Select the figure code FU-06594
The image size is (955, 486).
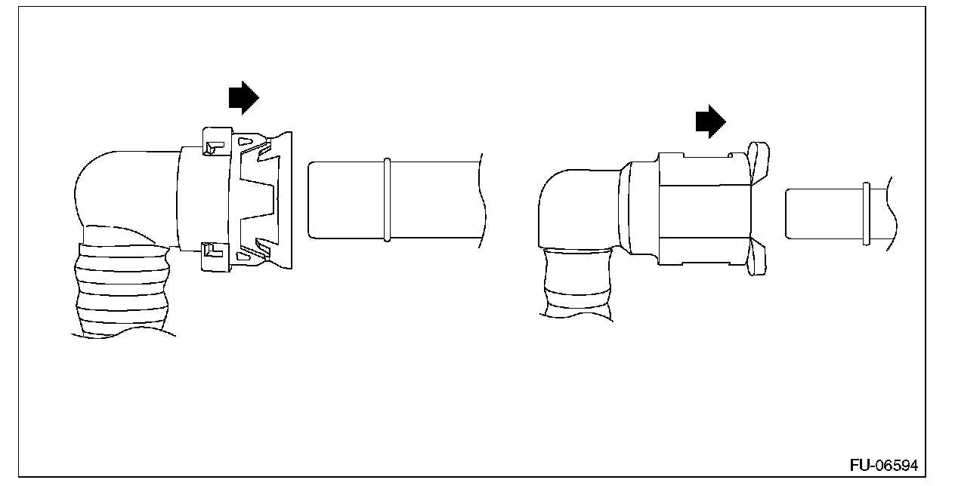coord(883,466)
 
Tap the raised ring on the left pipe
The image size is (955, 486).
coord(387,200)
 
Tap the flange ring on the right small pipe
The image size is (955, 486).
coord(866,214)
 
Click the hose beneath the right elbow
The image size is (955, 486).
coord(578,283)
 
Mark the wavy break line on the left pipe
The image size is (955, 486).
coord(481,200)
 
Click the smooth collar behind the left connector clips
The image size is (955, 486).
coord(189,198)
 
